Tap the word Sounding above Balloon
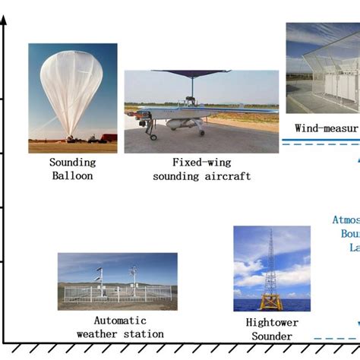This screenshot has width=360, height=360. pos(72,163)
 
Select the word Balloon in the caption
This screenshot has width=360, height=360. pos(72,176)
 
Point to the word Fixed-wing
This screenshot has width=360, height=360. pos(201,163)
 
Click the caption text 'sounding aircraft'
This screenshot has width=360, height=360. pos(201,176)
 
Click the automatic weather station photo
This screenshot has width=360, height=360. pos(117,281)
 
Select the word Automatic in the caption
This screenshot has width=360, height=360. pos(119,321)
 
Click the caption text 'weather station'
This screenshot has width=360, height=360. pos(120,334)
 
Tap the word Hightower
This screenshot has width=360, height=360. pos(272,323)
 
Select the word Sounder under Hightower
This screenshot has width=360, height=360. pos(272,336)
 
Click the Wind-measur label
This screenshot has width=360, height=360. pos(326,128)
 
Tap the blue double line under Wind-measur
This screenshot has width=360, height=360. pos(319,141)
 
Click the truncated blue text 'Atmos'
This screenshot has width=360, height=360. pos(345,220)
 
